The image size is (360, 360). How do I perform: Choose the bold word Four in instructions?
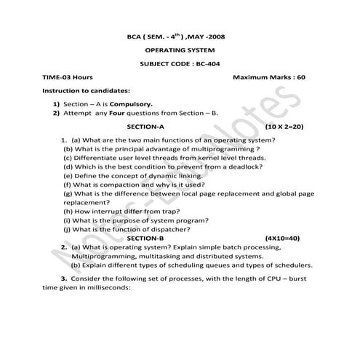[x=109, y=114]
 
